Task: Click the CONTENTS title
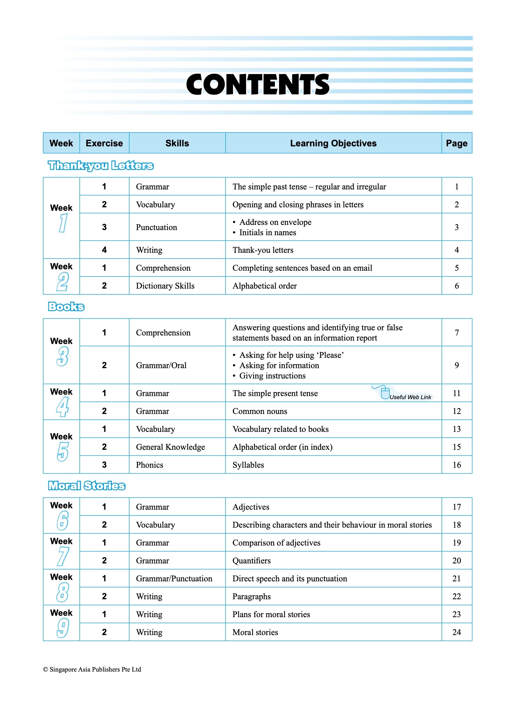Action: (x=258, y=85)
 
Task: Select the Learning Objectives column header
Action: (x=333, y=143)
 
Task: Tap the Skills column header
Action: (x=177, y=143)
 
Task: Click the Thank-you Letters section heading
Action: (x=100, y=166)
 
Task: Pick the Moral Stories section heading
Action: (x=87, y=486)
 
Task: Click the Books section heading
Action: (x=66, y=307)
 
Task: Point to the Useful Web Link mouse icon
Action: (x=385, y=393)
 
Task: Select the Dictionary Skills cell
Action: (x=165, y=286)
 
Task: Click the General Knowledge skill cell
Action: (x=170, y=447)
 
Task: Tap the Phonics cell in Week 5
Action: (x=149, y=465)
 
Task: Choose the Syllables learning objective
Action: (x=248, y=465)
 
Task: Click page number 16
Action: (x=456, y=465)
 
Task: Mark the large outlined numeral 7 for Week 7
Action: (x=63, y=557)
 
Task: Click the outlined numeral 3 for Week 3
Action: (x=63, y=356)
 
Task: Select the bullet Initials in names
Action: (x=267, y=233)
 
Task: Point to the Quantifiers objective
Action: (x=251, y=561)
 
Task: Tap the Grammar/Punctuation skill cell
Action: (x=174, y=579)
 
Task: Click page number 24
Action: (x=456, y=632)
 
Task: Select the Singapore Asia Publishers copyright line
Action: (x=92, y=669)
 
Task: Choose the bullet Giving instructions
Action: (x=272, y=376)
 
